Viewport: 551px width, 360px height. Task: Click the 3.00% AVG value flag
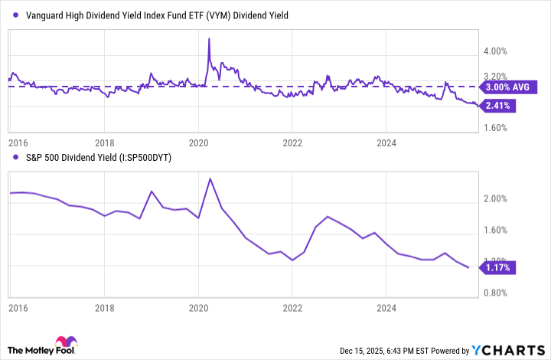coord(509,87)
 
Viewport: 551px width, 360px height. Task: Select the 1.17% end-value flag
coord(497,267)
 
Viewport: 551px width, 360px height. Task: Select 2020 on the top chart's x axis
coord(199,142)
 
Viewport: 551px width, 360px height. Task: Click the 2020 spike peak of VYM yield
coord(209,38)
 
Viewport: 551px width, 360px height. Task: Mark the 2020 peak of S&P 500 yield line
coord(210,178)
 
